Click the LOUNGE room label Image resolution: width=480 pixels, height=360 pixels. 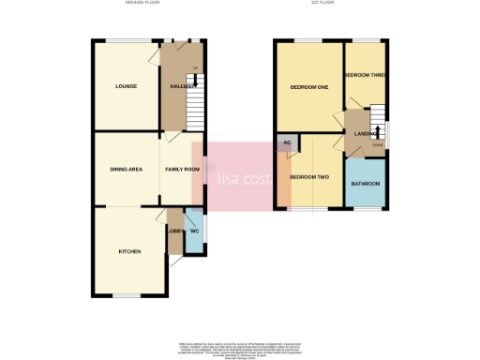tap(127, 86)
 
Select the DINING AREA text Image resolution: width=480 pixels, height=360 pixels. tap(127, 169)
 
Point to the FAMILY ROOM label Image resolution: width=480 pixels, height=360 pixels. tap(183, 169)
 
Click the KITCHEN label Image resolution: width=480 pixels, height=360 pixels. tap(129, 252)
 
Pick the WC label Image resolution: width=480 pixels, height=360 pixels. tap(194, 232)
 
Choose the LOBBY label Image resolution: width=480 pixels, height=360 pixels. tap(175, 232)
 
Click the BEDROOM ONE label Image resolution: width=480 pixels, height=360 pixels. tap(308, 87)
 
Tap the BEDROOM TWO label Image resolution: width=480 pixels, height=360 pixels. tap(308, 176)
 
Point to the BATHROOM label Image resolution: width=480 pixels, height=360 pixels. tap(366, 184)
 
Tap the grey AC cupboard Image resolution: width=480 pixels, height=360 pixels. tap(286, 143)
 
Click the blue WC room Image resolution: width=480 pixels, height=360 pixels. tap(193, 240)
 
